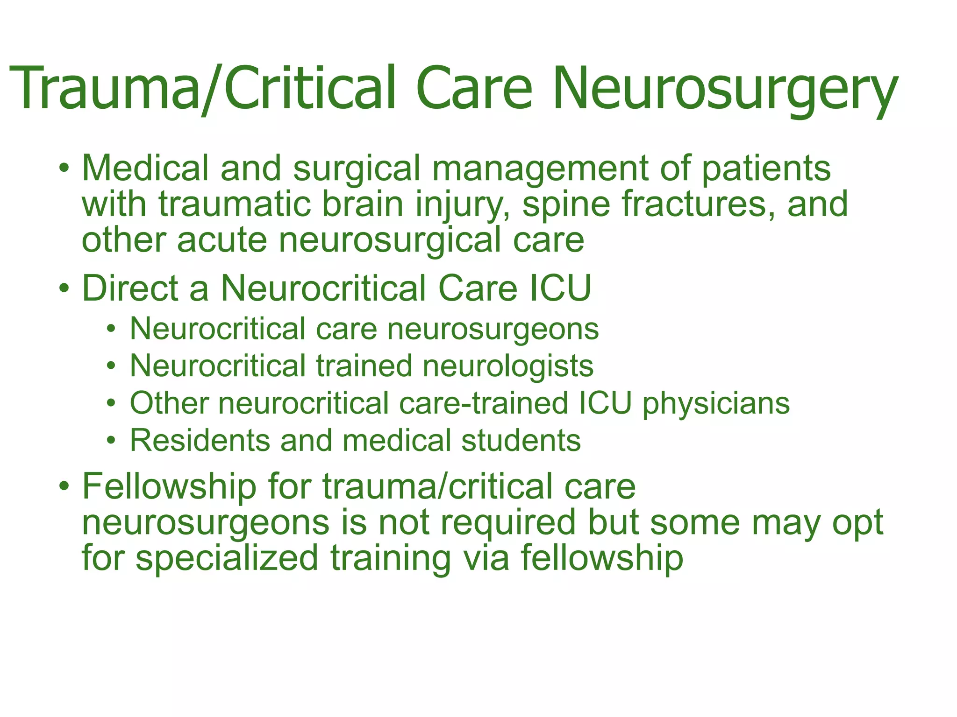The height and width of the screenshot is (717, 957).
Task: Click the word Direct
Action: tap(129, 288)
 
